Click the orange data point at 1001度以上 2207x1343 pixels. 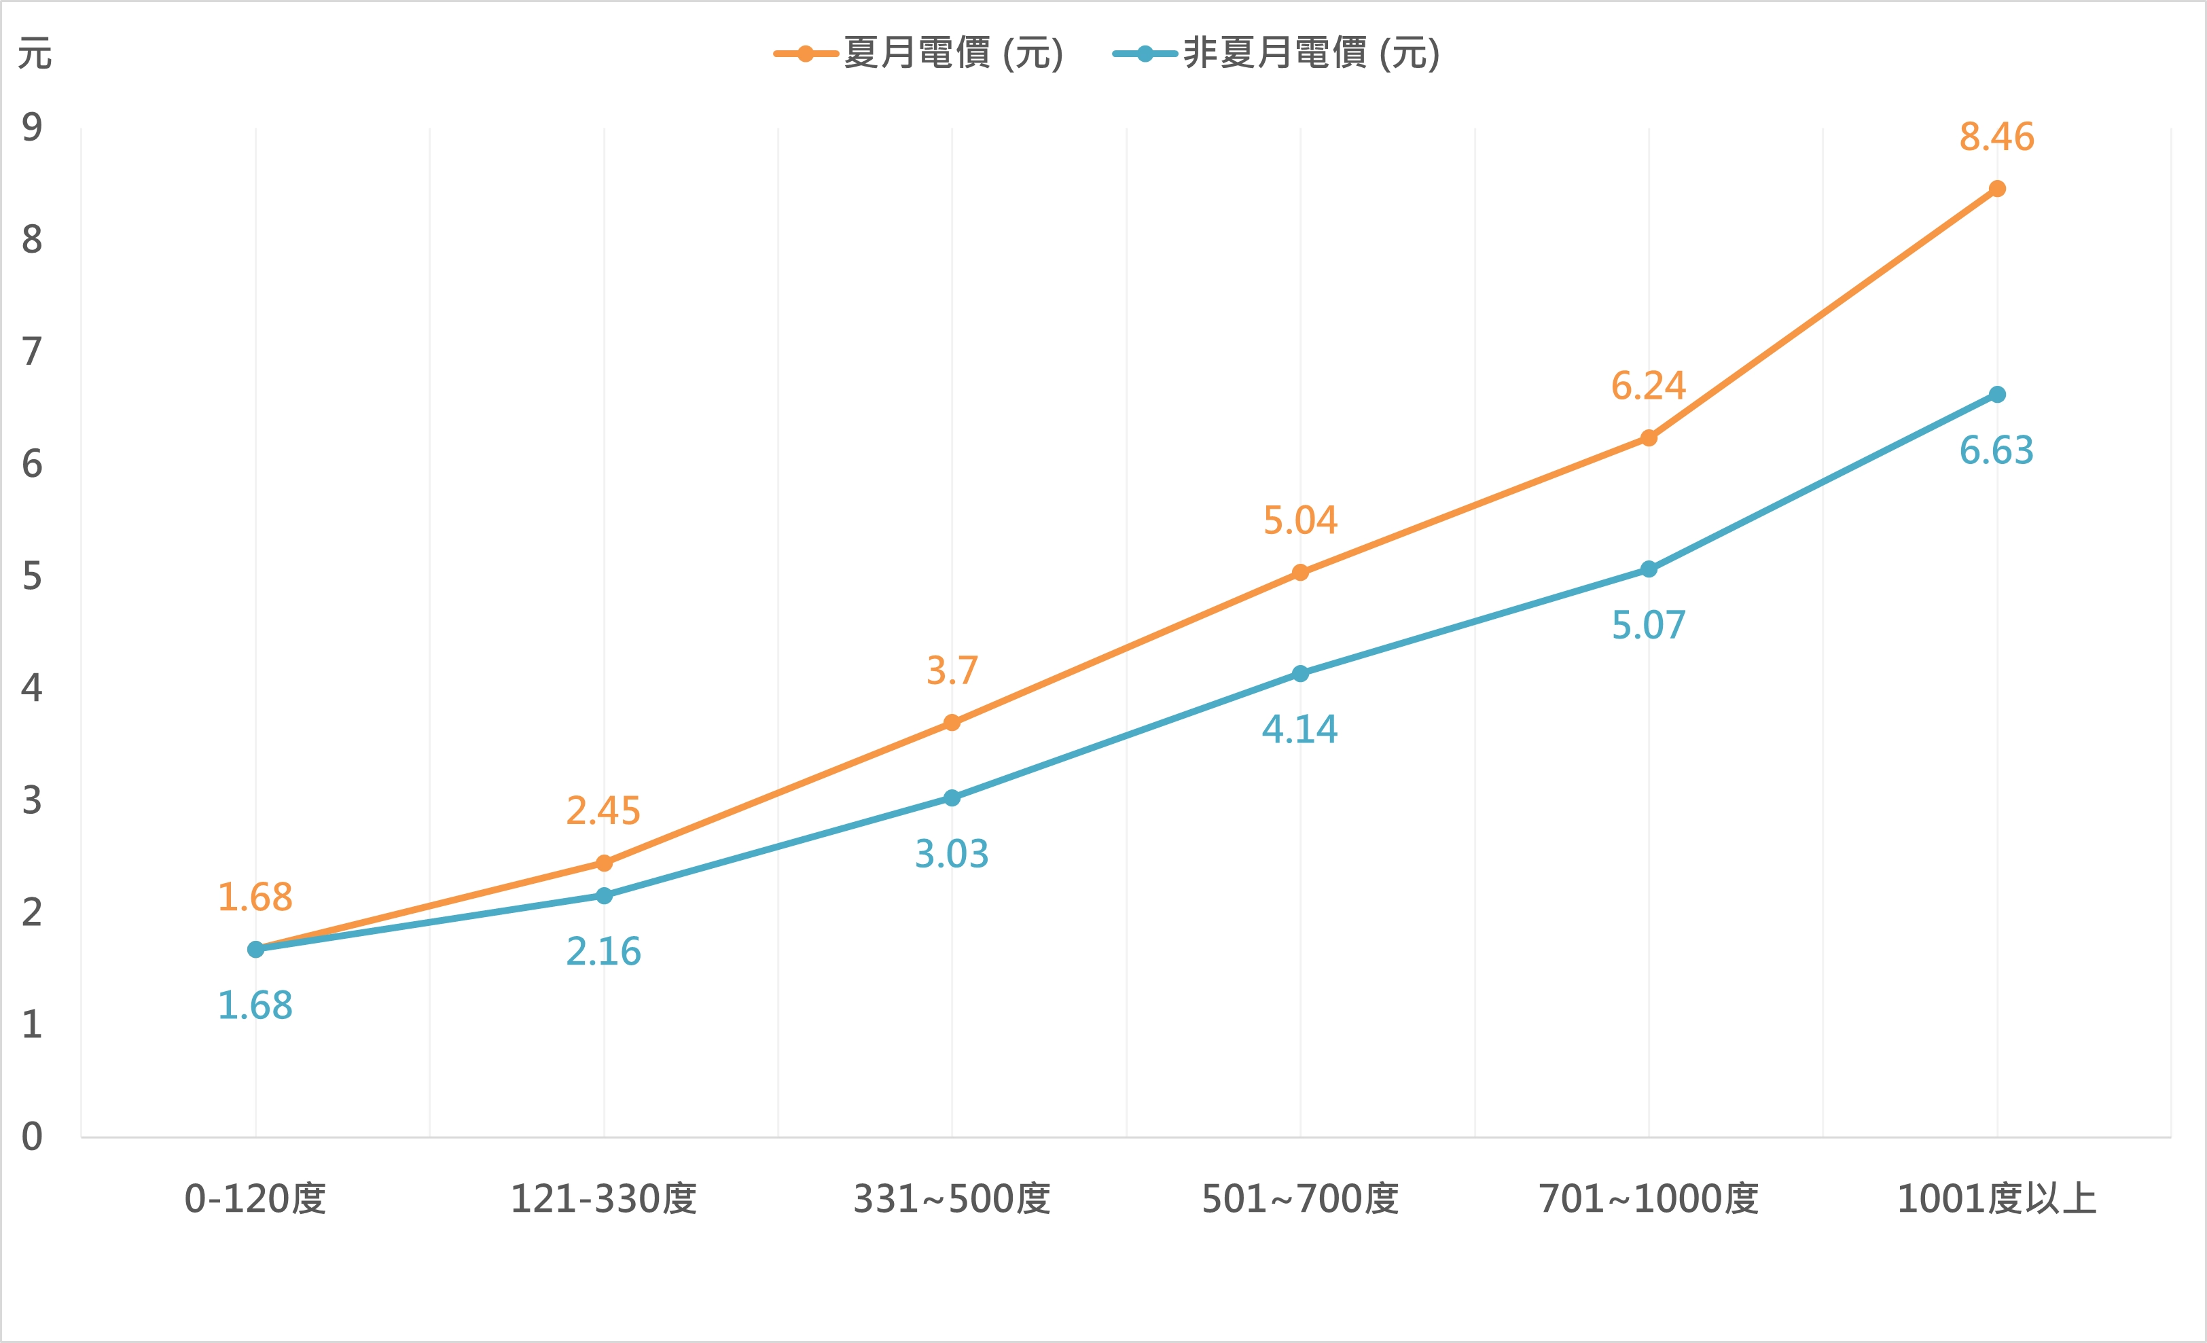coord(1996,189)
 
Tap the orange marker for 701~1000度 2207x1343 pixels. coord(1648,438)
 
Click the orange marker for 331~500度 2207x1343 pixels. coord(951,723)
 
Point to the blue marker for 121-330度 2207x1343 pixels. coord(604,896)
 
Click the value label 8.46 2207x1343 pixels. coord(1996,137)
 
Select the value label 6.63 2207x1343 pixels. coord(1996,450)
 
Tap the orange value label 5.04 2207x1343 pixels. coord(1299,520)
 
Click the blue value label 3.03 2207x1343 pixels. coord(951,854)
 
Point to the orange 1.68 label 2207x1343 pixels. coord(255,897)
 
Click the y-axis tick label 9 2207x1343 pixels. coord(32,127)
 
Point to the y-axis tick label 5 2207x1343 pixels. coord(32,576)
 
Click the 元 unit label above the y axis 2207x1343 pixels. coord(35,54)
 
